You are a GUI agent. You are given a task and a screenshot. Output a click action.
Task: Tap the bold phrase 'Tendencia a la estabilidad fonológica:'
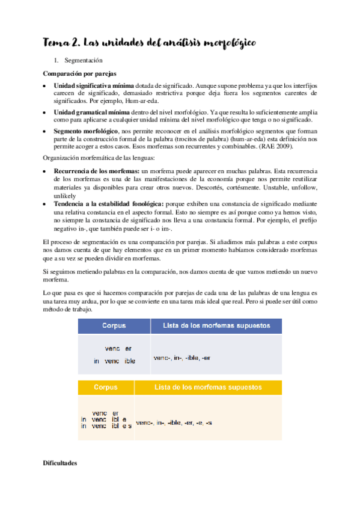(108, 204)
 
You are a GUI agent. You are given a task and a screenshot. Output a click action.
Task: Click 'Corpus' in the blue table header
(114, 326)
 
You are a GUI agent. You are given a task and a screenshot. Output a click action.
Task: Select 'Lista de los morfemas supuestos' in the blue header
(217, 326)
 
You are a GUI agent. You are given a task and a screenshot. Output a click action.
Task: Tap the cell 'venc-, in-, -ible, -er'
(182, 358)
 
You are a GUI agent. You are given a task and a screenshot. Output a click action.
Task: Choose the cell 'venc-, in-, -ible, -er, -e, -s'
(174, 423)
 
